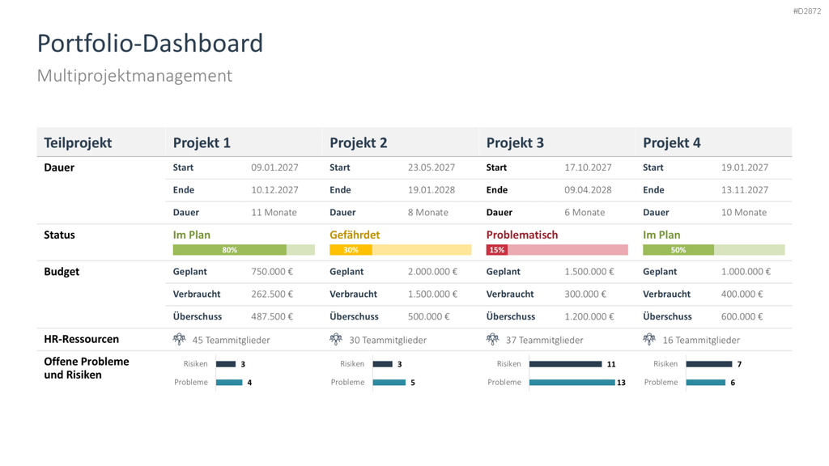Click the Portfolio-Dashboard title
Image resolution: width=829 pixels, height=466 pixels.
pos(150,44)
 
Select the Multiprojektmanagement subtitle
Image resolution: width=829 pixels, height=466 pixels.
pos(134,75)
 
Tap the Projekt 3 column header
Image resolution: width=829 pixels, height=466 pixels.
pos(515,142)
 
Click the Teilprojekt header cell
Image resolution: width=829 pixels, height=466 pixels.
pos(78,142)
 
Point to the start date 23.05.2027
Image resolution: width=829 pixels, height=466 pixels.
pos(432,167)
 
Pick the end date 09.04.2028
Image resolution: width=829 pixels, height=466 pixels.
pos(588,189)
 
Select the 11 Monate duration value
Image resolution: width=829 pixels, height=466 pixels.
pos(274,213)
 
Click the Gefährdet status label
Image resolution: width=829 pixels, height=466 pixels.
pos(355,235)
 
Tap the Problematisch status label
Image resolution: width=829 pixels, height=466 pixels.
pos(522,235)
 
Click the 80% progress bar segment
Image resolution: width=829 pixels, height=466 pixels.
pos(229,250)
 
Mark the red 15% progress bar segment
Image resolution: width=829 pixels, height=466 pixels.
pos(497,250)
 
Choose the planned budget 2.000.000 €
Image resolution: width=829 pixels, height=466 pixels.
pos(432,272)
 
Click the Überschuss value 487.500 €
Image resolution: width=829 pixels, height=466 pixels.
pos(272,316)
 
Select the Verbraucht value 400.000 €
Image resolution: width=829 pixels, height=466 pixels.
pos(742,294)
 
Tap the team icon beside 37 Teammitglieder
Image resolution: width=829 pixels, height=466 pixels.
pos(493,339)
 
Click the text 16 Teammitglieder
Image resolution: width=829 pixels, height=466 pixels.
pos(701,341)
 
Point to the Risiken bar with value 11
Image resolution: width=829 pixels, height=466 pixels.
pos(566,364)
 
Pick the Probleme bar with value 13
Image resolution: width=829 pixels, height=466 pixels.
pos(572,383)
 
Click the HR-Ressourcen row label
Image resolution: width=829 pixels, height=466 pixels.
pos(82,339)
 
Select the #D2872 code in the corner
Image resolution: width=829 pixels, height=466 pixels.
pos(807,11)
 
